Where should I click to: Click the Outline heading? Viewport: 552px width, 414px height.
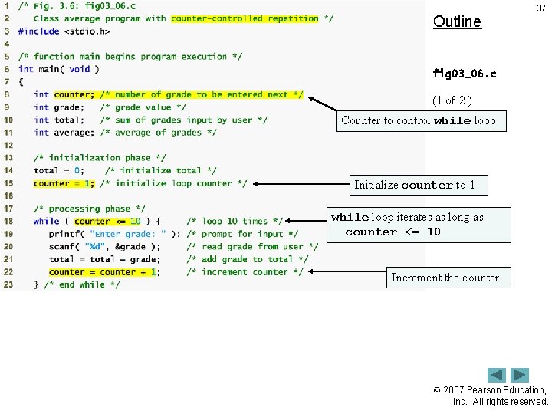point(457,21)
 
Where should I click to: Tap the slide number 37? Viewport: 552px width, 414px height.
point(541,8)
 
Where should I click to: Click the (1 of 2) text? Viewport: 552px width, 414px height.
point(457,100)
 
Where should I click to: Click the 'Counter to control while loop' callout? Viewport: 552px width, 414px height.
point(420,120)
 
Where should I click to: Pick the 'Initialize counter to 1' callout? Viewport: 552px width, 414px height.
point(414,185)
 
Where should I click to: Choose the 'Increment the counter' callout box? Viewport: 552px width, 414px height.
point(445,278)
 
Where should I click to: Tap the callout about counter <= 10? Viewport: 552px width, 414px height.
point(418,225)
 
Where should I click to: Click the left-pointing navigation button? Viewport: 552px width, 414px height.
point(497,376)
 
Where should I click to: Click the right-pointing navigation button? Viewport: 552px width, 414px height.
point(520,376)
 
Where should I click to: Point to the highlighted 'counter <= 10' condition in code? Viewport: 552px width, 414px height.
point(107,222)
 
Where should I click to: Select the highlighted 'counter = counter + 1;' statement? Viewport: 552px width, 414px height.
point(103,272)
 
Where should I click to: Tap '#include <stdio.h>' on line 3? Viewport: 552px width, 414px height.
point(64,31)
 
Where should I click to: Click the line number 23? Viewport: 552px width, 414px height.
point(8,284)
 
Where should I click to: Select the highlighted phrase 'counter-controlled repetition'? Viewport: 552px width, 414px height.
point(245,18)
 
